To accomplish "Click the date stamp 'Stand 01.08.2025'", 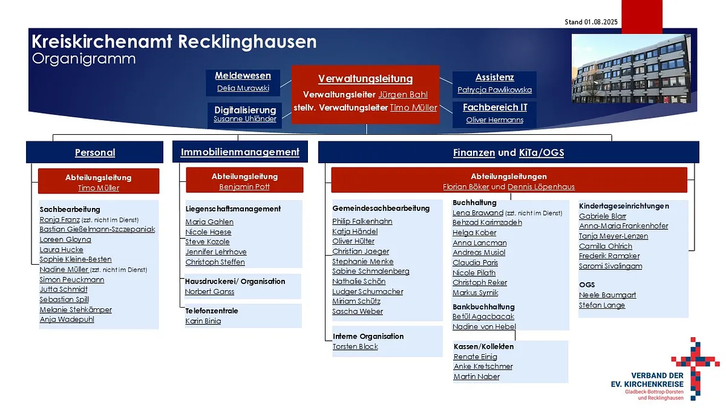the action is pos(591,22).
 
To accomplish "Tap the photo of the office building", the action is pos(631,69).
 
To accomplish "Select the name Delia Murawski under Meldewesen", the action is pos(243,88).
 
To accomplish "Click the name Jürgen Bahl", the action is pos(403,94).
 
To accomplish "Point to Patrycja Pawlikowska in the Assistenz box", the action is pos(495,89).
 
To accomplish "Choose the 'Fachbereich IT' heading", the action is pos(495,107).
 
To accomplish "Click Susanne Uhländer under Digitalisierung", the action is pos(245,119).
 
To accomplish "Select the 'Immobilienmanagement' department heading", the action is pos(240,152).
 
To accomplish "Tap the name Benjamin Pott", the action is pos(244,187).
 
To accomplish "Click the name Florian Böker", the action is pos(466,187).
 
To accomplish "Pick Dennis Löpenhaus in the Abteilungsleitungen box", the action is pos(541,187).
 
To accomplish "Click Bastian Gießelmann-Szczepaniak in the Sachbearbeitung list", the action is pos(97,229).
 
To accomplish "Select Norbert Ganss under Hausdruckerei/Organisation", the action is pos(209,291).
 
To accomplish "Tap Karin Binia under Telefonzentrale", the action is pos(203,321).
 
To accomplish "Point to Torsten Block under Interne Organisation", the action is pos(355,346).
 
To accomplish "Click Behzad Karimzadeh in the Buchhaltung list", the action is pos(487,222).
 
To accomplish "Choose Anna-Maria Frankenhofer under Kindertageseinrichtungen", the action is pos(624,225).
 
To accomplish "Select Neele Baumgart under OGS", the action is pos(607,295).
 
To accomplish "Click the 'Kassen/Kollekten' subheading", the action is pos(483,346).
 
